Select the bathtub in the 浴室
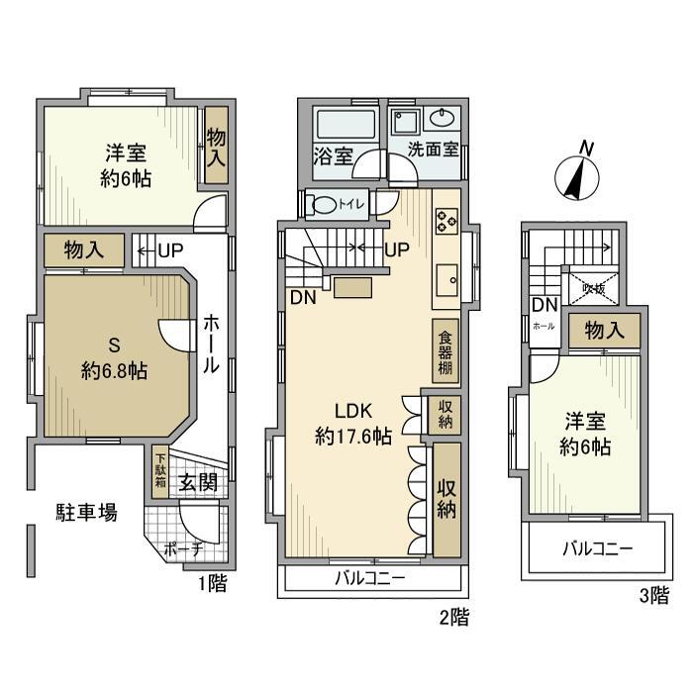tap(346, 128)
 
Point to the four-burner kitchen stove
tap(445, 220)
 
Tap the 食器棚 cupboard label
tap(445, 350)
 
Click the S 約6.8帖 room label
tap(114, 358)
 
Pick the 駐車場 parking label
tap(86, 512)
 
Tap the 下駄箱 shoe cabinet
tap(160, 473)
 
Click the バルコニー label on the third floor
tap(598, 548)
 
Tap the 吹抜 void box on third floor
tap(594, 288)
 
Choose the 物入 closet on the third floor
tap(604, 331)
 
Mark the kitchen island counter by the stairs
tap(353, 287)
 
